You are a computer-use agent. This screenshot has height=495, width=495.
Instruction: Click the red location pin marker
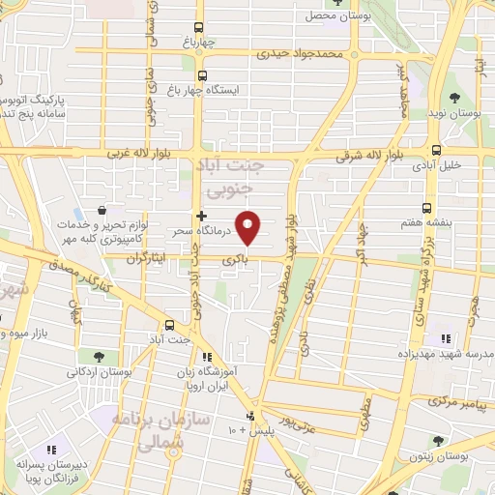[248, 227]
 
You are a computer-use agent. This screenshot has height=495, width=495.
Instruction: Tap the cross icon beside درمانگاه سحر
[201, 216]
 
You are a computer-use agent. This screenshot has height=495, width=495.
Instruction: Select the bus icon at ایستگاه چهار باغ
[201, 74]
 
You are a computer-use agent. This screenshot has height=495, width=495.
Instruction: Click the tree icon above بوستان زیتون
[438, 441]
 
